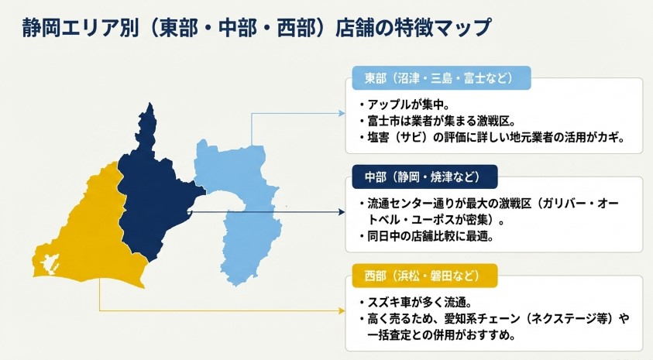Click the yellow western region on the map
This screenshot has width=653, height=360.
coord(85,232)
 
